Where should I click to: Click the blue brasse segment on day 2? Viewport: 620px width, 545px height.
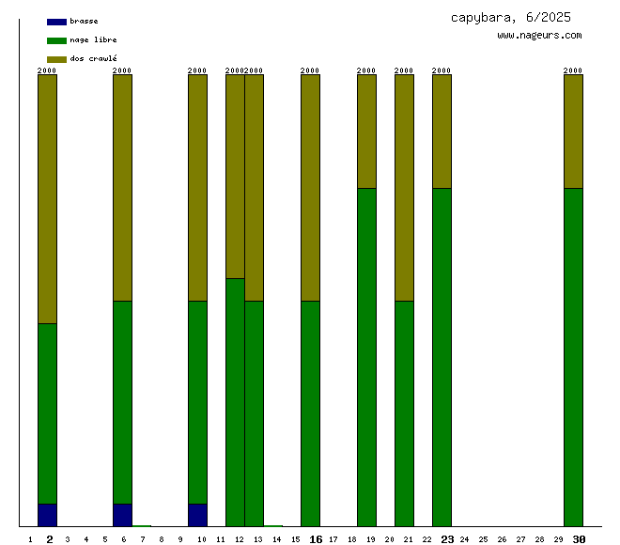[47, 515]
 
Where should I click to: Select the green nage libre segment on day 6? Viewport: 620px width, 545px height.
[122, 402]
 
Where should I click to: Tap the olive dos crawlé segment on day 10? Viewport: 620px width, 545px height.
[197, 188]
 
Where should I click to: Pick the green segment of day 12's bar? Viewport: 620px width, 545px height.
[235, 402]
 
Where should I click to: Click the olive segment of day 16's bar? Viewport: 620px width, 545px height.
[310, 188]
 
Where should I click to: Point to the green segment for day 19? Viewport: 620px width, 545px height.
[366, 357]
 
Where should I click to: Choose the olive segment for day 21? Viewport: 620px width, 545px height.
[404, 188]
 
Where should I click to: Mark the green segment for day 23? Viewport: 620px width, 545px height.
[442, 357]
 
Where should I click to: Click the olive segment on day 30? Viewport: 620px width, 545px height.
[573, 132]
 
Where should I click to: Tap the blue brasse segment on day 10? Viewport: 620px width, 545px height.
[197, 515]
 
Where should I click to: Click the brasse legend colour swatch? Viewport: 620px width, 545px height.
[56, 21]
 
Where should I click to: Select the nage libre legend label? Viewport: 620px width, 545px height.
[93, 39]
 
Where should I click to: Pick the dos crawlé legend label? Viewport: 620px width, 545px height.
[93, 58]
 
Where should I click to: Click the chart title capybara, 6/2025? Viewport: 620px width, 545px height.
[510, 17]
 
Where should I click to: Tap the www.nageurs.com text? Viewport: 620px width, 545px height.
[539, 36]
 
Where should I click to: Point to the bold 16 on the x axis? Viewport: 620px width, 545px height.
[316, 539]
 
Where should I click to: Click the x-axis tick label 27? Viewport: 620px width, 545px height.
[520, 539]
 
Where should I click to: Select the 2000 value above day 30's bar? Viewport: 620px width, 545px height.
[573, 70]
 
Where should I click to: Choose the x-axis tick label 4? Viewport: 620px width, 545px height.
[85, 539]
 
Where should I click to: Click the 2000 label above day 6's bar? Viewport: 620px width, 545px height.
[122, 70]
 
